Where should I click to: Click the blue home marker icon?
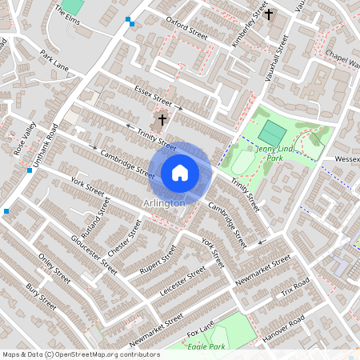pyautogui.click(x=180, y=172)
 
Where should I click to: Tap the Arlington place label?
pyautogui.click(x=165, y=203)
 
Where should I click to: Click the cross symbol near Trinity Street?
pyautogui.click(x=162, y=120)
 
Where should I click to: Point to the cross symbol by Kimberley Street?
pyautogui.click(x=269, y=14)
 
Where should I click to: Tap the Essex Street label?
pyautogui.click(x=154, y=98)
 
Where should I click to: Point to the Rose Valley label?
pyautogui.click(x=25, y=138)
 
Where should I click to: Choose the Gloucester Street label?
pyautogui.click(x=89, y=250)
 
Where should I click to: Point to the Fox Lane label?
pyautogui.click(x=202, y=329)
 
